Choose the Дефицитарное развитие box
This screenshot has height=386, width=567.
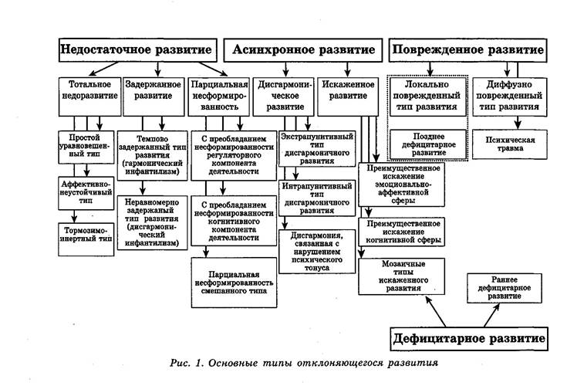pos(469,338)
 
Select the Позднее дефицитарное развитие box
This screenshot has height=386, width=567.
pos(427,143)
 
